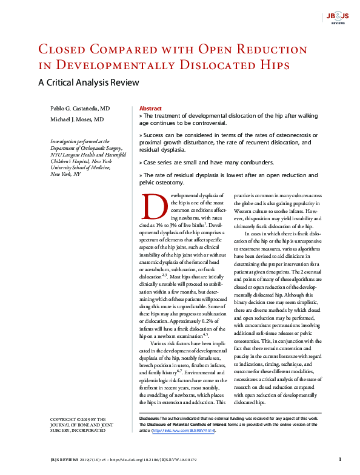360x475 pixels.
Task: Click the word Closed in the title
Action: [64, 49]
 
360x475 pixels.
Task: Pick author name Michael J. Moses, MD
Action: [77, 120]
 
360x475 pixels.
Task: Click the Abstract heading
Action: [150, 107]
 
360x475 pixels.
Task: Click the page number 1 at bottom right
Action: [340, 460]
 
